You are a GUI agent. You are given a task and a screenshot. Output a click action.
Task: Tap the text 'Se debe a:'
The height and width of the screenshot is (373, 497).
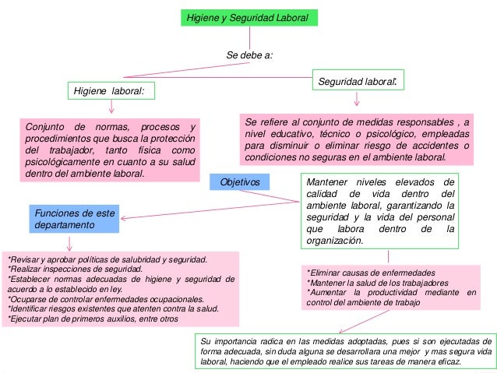point(248,55)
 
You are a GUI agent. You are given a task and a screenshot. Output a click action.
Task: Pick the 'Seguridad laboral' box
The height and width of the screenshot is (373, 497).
point(358,80)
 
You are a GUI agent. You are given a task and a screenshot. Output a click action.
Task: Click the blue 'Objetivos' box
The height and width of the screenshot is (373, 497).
point(240,181)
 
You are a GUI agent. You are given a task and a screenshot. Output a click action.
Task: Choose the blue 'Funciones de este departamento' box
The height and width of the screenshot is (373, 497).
point(75,218)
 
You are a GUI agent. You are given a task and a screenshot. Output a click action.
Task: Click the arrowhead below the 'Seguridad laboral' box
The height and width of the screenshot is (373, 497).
point(358,102)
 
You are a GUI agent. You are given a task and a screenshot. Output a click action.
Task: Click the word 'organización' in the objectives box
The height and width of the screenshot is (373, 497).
point(335,241)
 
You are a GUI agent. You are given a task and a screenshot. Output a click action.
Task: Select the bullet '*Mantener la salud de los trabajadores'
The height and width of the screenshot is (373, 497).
point(366,283)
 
